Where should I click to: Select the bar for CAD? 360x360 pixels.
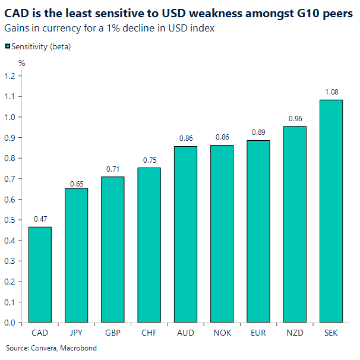(x=40, y=274)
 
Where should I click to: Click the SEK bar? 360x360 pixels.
(x=331, y=211)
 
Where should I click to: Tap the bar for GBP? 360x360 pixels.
(x=113, y=250)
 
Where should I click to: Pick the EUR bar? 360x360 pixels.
(x=258, y=231)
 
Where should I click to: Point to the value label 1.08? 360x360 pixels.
(x=331, y=92)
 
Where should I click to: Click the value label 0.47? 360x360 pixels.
(x=40, y=219)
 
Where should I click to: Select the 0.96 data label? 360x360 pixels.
(x=295, y=119)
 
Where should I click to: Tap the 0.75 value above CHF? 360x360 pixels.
(x=149, y=160)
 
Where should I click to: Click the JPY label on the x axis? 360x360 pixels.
(x=77, y=333)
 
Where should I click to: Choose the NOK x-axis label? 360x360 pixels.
(x=222, y=333)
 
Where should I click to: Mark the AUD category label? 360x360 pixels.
(x=185, y=333)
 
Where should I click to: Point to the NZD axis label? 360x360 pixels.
(x=295, y=333)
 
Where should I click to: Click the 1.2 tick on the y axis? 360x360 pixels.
(x=10, y=75)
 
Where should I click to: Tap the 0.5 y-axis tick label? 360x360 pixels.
(x=10, y=220)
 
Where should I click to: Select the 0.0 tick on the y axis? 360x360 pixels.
(x=10, y=323)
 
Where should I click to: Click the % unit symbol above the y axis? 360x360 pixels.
(x=22, y=62)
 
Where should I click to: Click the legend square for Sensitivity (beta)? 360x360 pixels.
(x=7, y=46)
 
